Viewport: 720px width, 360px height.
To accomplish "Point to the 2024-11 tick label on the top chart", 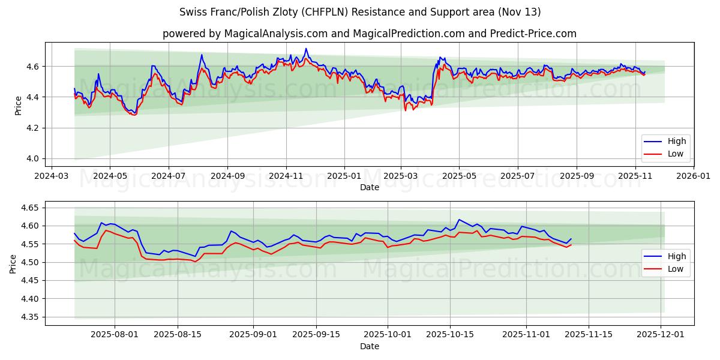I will tap(286, 177).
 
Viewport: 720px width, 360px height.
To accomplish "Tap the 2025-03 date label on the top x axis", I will tap(401, 177).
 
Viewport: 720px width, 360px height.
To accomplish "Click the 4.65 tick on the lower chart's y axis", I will tap(29, 208).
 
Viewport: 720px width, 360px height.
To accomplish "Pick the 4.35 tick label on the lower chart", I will tap(29, 317).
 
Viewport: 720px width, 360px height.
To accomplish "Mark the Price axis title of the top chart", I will tap(19, 106).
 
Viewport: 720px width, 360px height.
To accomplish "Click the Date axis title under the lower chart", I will tap(369, 346).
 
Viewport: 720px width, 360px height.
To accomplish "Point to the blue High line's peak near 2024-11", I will tap(305, 49).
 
